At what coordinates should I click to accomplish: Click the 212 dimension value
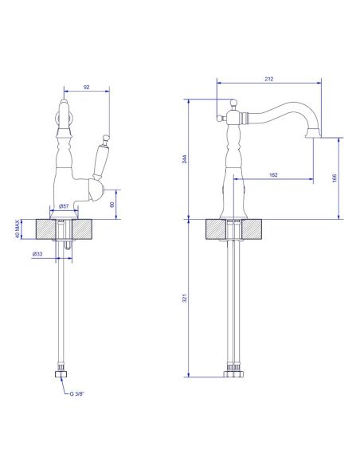pos(268,79)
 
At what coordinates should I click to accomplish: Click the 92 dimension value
pos(86,88)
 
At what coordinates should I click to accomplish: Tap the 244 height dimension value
pos(185,159)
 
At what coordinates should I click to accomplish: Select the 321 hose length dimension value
pos(185,298)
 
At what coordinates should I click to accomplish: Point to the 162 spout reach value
pos(273,175)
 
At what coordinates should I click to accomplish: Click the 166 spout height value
pos(335,178)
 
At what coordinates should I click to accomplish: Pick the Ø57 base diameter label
pos(64,206)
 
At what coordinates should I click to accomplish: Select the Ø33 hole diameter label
pos(37,254)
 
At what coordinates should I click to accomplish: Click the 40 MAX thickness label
pos(18,229)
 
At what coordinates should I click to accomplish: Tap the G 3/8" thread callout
pos(77,394)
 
